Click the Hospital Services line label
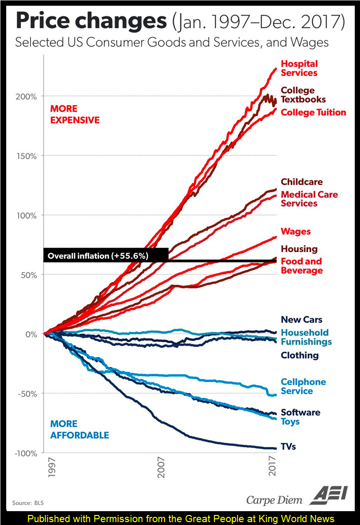[299, 68]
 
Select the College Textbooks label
[303, 95]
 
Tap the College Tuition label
[313, 113]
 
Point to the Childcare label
[301, 182]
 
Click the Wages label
[296, 232]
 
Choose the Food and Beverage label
[301, 266]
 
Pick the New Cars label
[301, 320]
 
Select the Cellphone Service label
[303, 387]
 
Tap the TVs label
[288, 447]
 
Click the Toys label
[290, 421]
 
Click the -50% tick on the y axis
[28, 394]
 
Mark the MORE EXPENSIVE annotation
[75, 115]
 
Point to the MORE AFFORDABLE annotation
[80, 430]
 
